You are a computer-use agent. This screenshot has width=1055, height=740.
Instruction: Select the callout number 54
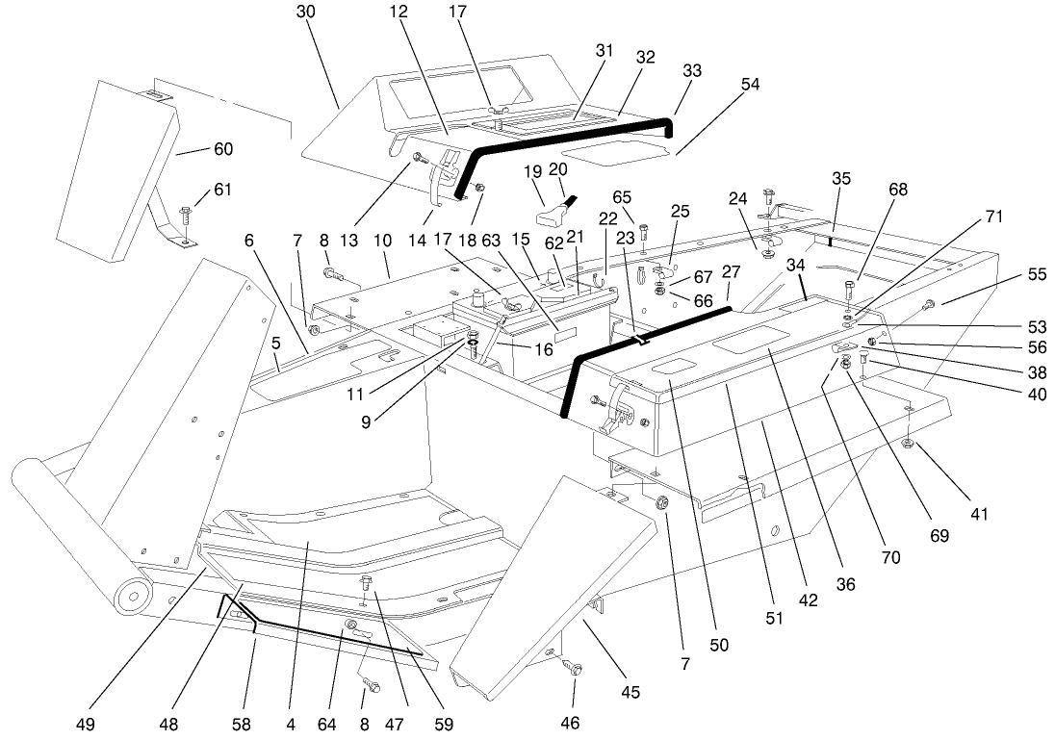[x=750, y=85]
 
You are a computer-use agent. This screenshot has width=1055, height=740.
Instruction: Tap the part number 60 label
[x=222, y=149]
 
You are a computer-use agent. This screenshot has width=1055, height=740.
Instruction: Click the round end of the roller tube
[x=130, y=596]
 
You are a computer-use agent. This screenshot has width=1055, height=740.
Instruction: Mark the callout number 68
[x=897, y=190]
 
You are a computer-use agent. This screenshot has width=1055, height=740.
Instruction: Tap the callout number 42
[x=808, y=600]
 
